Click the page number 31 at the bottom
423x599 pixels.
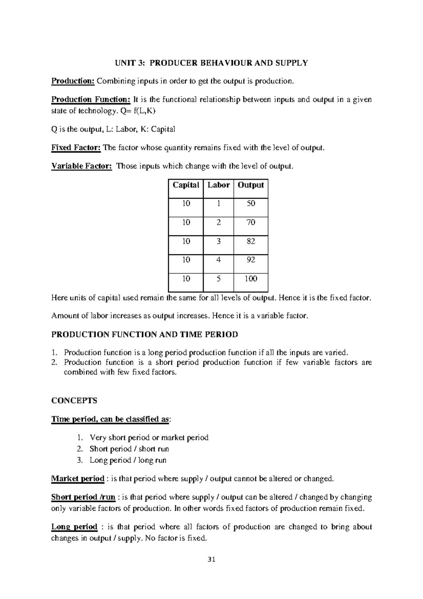[x=211, y=560]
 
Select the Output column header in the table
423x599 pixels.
[x=251, y=185]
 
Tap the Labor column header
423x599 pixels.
[x=219, y=185]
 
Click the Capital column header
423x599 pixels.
[x=186, y=185]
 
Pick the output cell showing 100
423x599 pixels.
[x=251, y=279]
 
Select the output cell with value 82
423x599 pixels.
[x=251, y=241]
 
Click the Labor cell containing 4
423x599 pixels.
[x=219, y=260]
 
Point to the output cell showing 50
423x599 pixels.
[x=251, y=204]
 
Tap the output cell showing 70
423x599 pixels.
[x=251, y=223]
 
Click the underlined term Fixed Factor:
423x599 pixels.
[x=76, y=148]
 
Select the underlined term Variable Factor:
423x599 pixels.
[x=82, y=166]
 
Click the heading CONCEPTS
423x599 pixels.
[x=74, y=401]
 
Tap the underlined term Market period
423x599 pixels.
[x=78, y=479]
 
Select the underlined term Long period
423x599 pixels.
[x=74, y=527]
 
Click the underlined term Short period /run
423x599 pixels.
[x=83, y=497]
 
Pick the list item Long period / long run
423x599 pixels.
[x=128, y=460]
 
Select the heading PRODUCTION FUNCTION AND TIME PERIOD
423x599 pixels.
[x=145, y=334]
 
